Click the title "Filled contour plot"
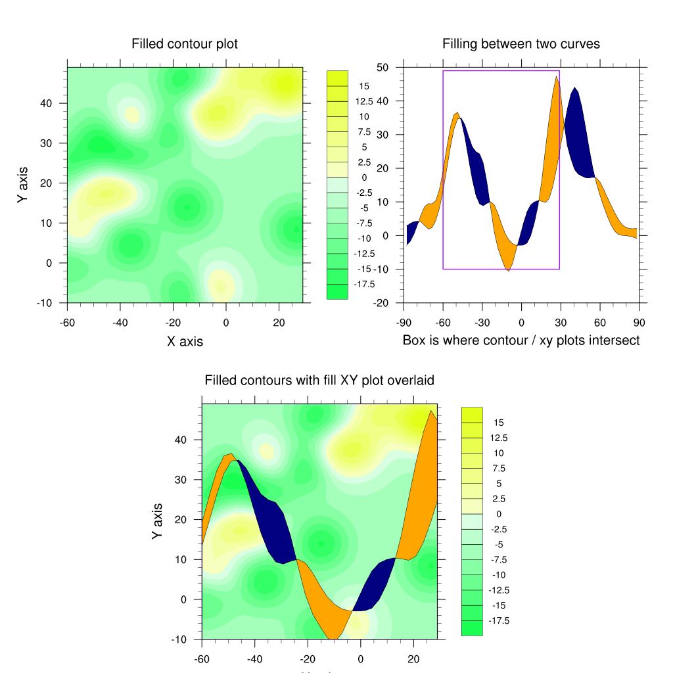click(x=185, y=44)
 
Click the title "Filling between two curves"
click(x=521, y=44)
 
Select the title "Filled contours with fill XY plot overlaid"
click(x=319, y=381)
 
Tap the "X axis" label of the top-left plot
click(x=185, y=341)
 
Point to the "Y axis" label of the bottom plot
click(x=157, y=521)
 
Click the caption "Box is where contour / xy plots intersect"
click(x=521, y=340)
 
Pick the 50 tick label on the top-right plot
click(x=382, y=67)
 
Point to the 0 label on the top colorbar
click(x=365, y=177)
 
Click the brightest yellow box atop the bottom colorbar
click(x=472, y=414)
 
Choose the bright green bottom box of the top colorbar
click(x=337, y=292)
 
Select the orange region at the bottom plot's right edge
click(x=421, y=499)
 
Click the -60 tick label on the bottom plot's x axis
click(x=202, y=659)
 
